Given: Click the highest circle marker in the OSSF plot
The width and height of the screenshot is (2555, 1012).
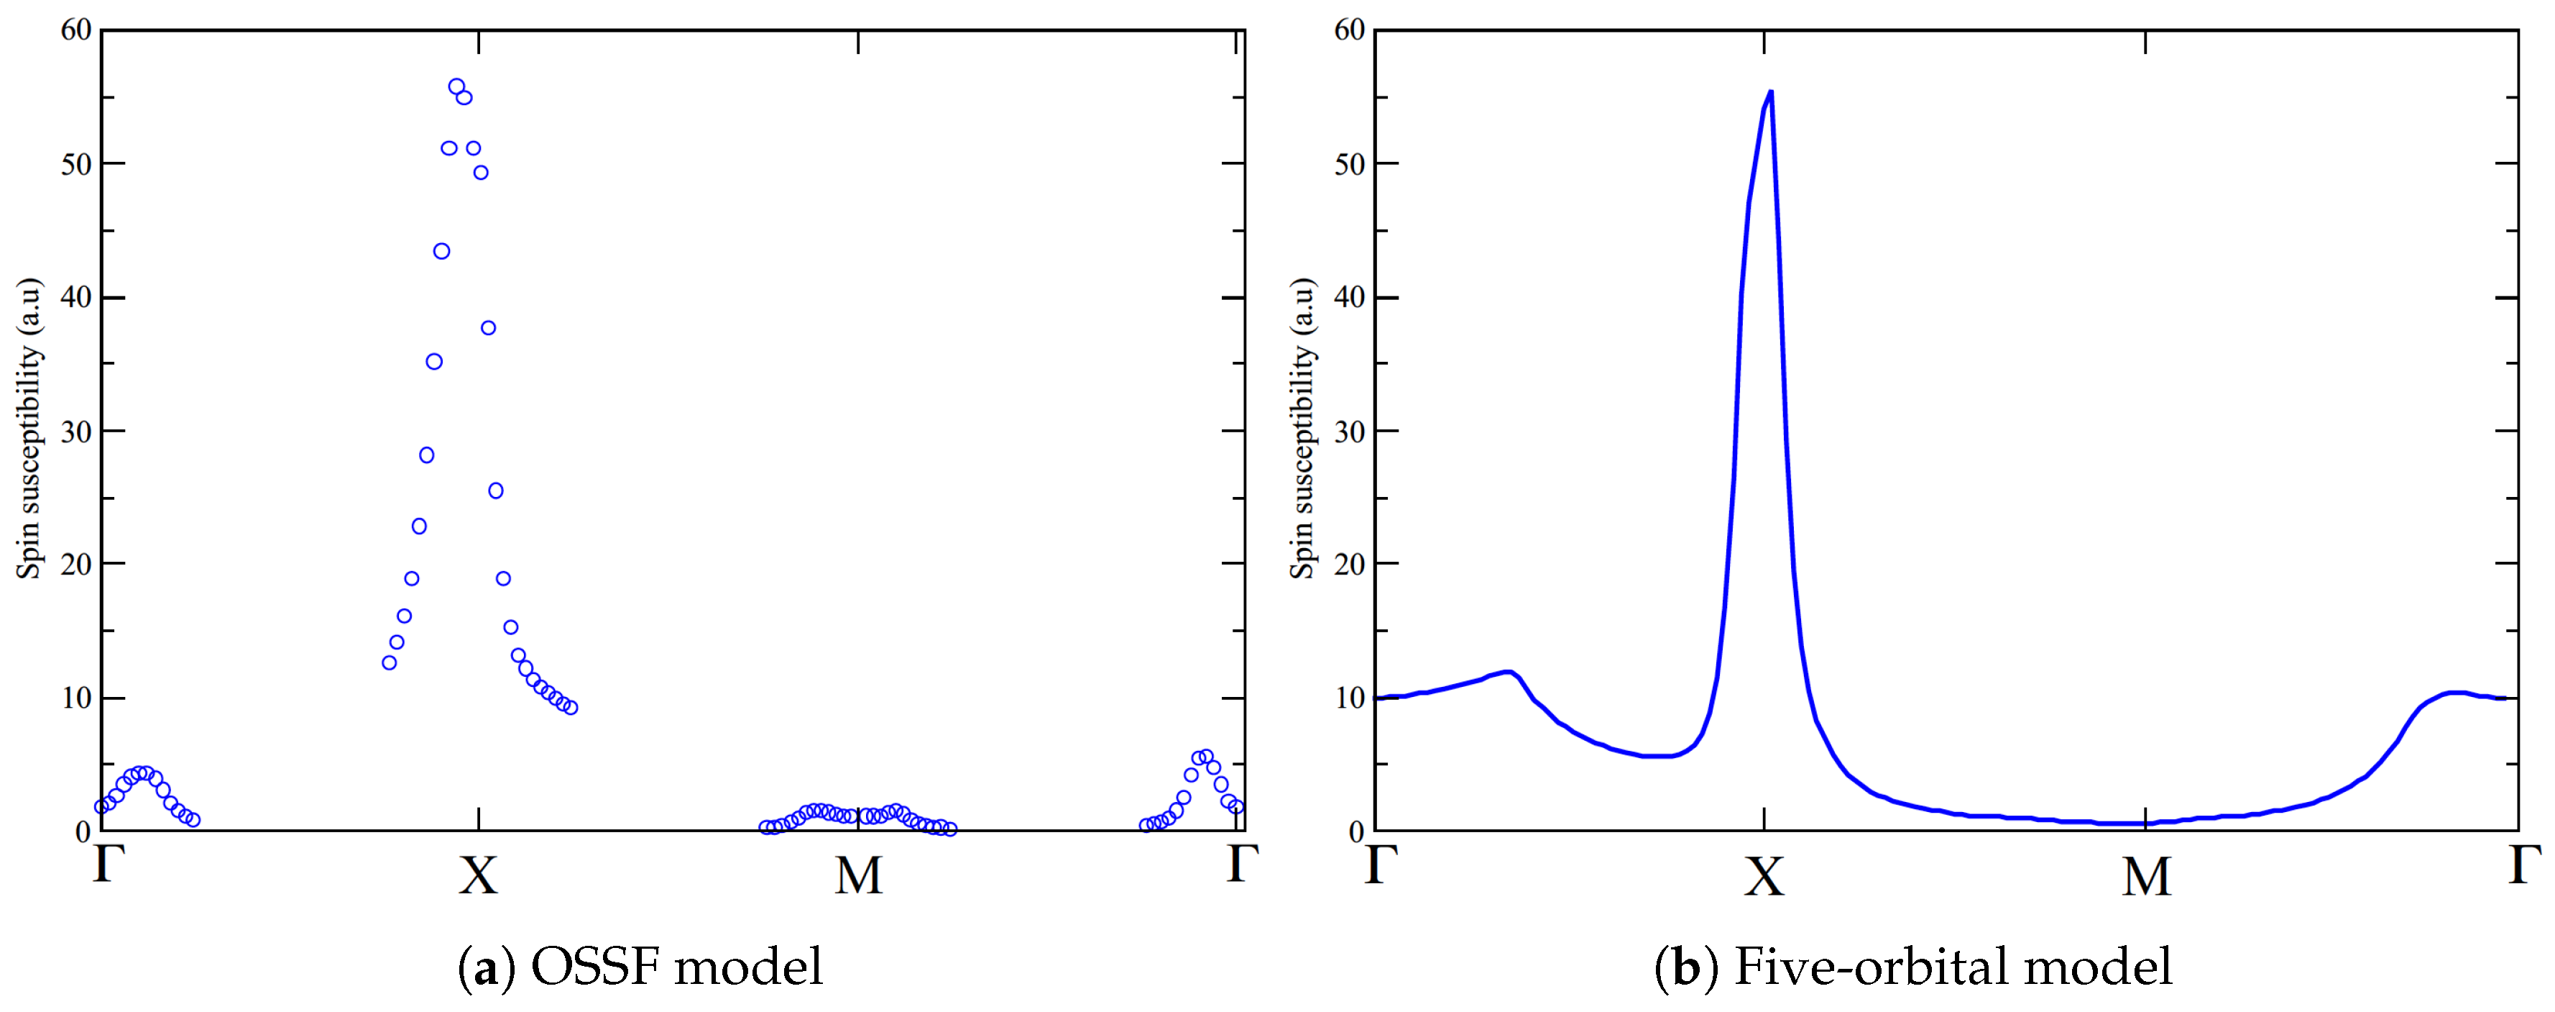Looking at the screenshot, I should click(x=456, y=87).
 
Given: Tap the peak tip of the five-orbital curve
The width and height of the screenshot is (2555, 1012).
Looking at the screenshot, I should click(x=1770, y=92).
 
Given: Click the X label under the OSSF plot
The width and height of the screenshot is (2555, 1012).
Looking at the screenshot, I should click(x=478, y=876).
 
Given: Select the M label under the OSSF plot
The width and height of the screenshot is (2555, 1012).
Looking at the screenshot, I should click(x=858, y=876).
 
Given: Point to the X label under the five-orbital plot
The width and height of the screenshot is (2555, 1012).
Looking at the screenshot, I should click(x=1764, y=876).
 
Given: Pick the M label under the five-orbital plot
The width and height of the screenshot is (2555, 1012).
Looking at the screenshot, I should click(x=2145, y=876).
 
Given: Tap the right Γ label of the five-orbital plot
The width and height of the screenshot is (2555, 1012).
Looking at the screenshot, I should click(x=2524, y=863).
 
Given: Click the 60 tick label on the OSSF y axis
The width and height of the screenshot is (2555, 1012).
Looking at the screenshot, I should click(x=76, y=29).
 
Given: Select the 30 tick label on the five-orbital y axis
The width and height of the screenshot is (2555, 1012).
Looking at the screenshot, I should click(x=1350, y=432).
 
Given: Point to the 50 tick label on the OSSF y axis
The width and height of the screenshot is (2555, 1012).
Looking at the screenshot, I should click(x=76, y=164).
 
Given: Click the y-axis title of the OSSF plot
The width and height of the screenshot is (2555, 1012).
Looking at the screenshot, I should click(x=29, y=429).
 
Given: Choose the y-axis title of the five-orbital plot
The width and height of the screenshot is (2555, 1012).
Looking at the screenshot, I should click(x=1302, y=429).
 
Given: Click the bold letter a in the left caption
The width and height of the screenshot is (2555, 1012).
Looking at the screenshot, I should click(x=486, y=968).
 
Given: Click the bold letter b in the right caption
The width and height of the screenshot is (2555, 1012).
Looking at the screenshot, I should click(x=1687, y=968).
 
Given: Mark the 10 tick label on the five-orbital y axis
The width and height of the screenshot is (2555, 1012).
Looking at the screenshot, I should click(x=1350, y=698).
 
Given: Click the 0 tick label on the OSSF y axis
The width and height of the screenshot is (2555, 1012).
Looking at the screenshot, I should click(x=83, y=832).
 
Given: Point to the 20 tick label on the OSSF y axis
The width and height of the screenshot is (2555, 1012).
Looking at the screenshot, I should click(x=76, y=565).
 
